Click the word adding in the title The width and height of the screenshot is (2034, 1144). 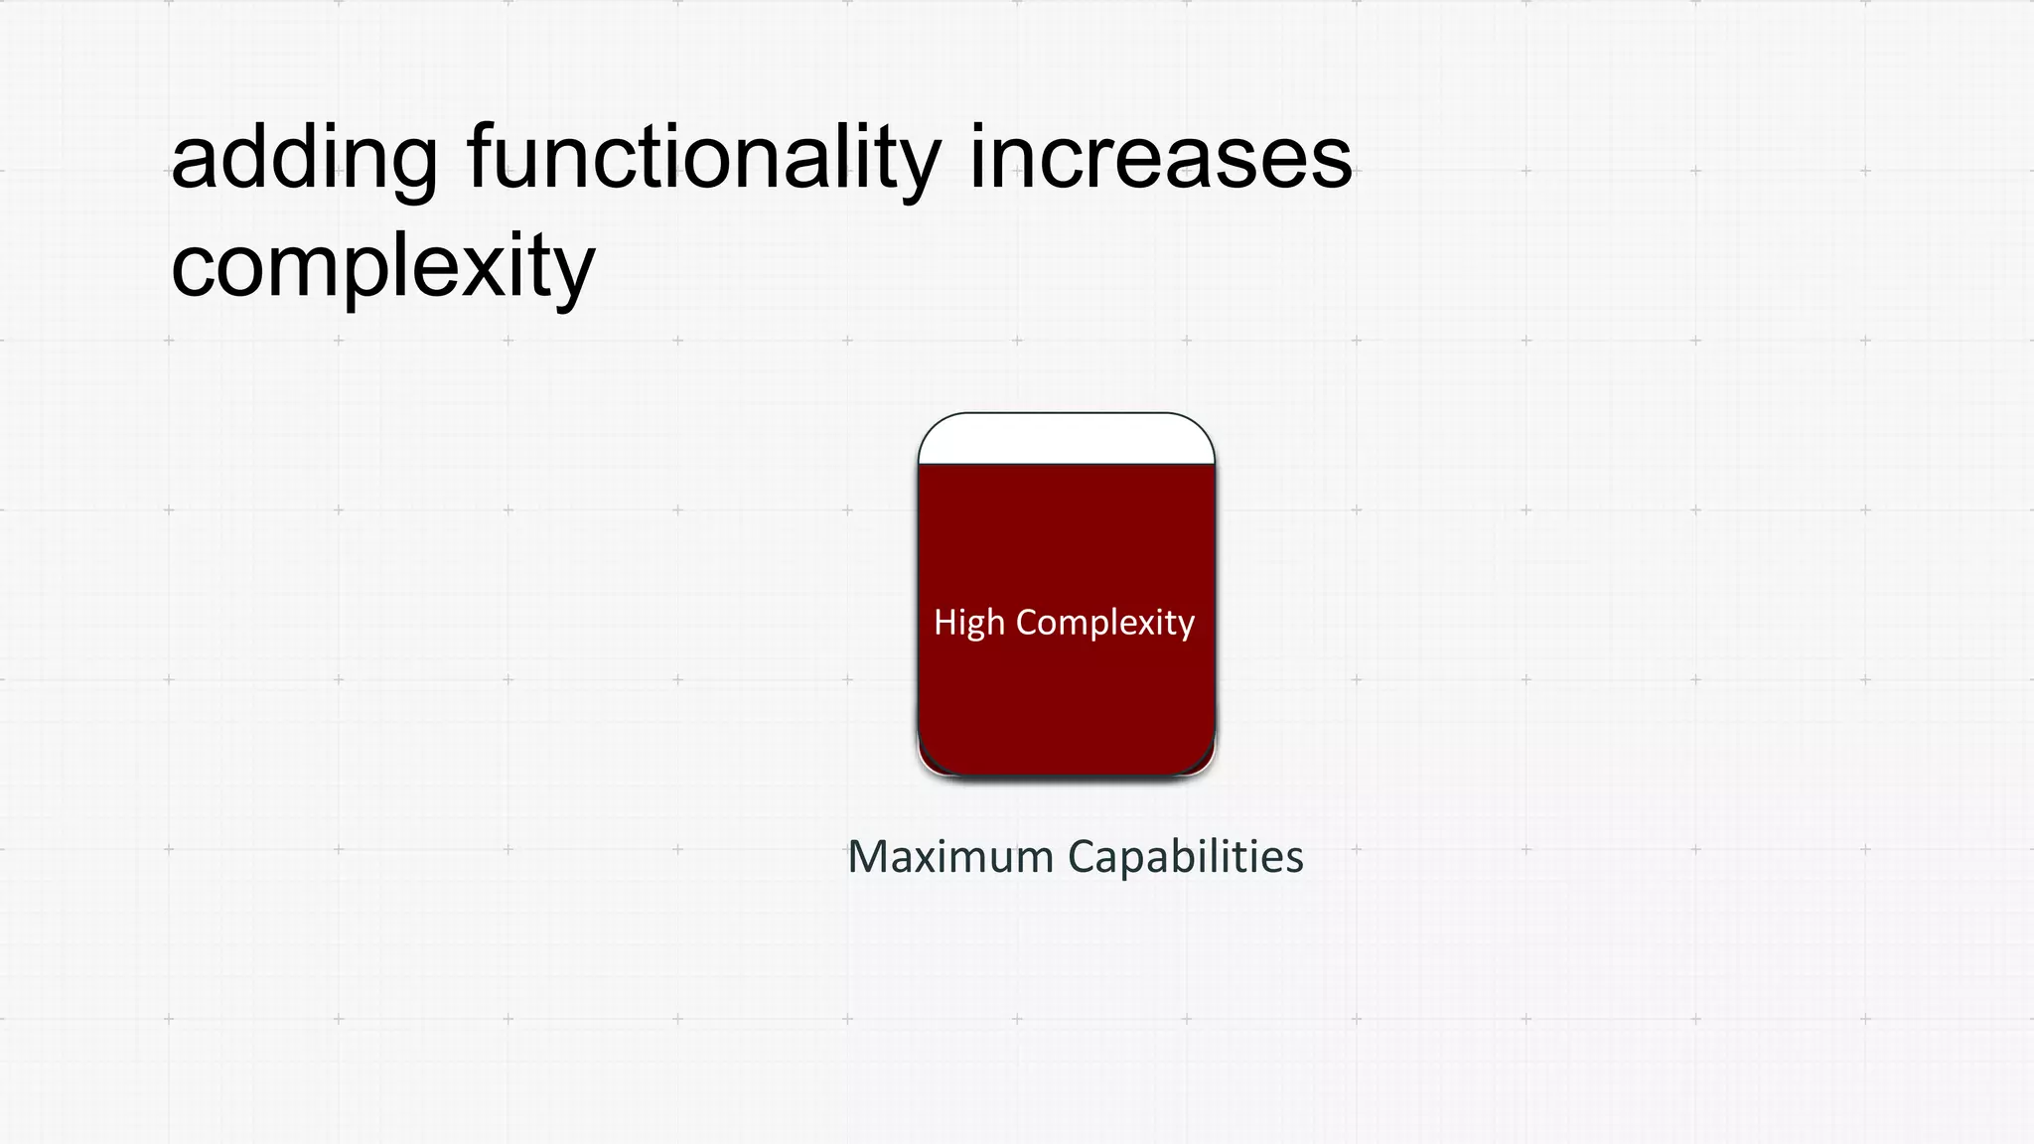tap(304, 159)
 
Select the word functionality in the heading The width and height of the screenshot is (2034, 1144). tap(703, 159)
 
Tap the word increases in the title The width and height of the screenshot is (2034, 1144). tap(1160, 159)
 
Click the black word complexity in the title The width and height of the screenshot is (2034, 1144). tap(382, 266)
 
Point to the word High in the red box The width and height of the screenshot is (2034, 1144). tap(969, 623)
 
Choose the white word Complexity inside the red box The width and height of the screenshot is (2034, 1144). tap(1105, 623)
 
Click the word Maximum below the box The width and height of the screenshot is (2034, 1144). tap(950, 856)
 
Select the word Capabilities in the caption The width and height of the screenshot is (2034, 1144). tap(1186, 856)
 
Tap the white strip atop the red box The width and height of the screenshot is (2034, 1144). tap(1066, 439)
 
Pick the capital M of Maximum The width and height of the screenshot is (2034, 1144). tap(867, 856)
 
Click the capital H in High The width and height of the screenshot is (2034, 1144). tap(944, 622)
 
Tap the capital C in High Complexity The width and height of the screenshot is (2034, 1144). tap(1027, 622)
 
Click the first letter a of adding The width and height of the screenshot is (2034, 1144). tap(195, 163)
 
